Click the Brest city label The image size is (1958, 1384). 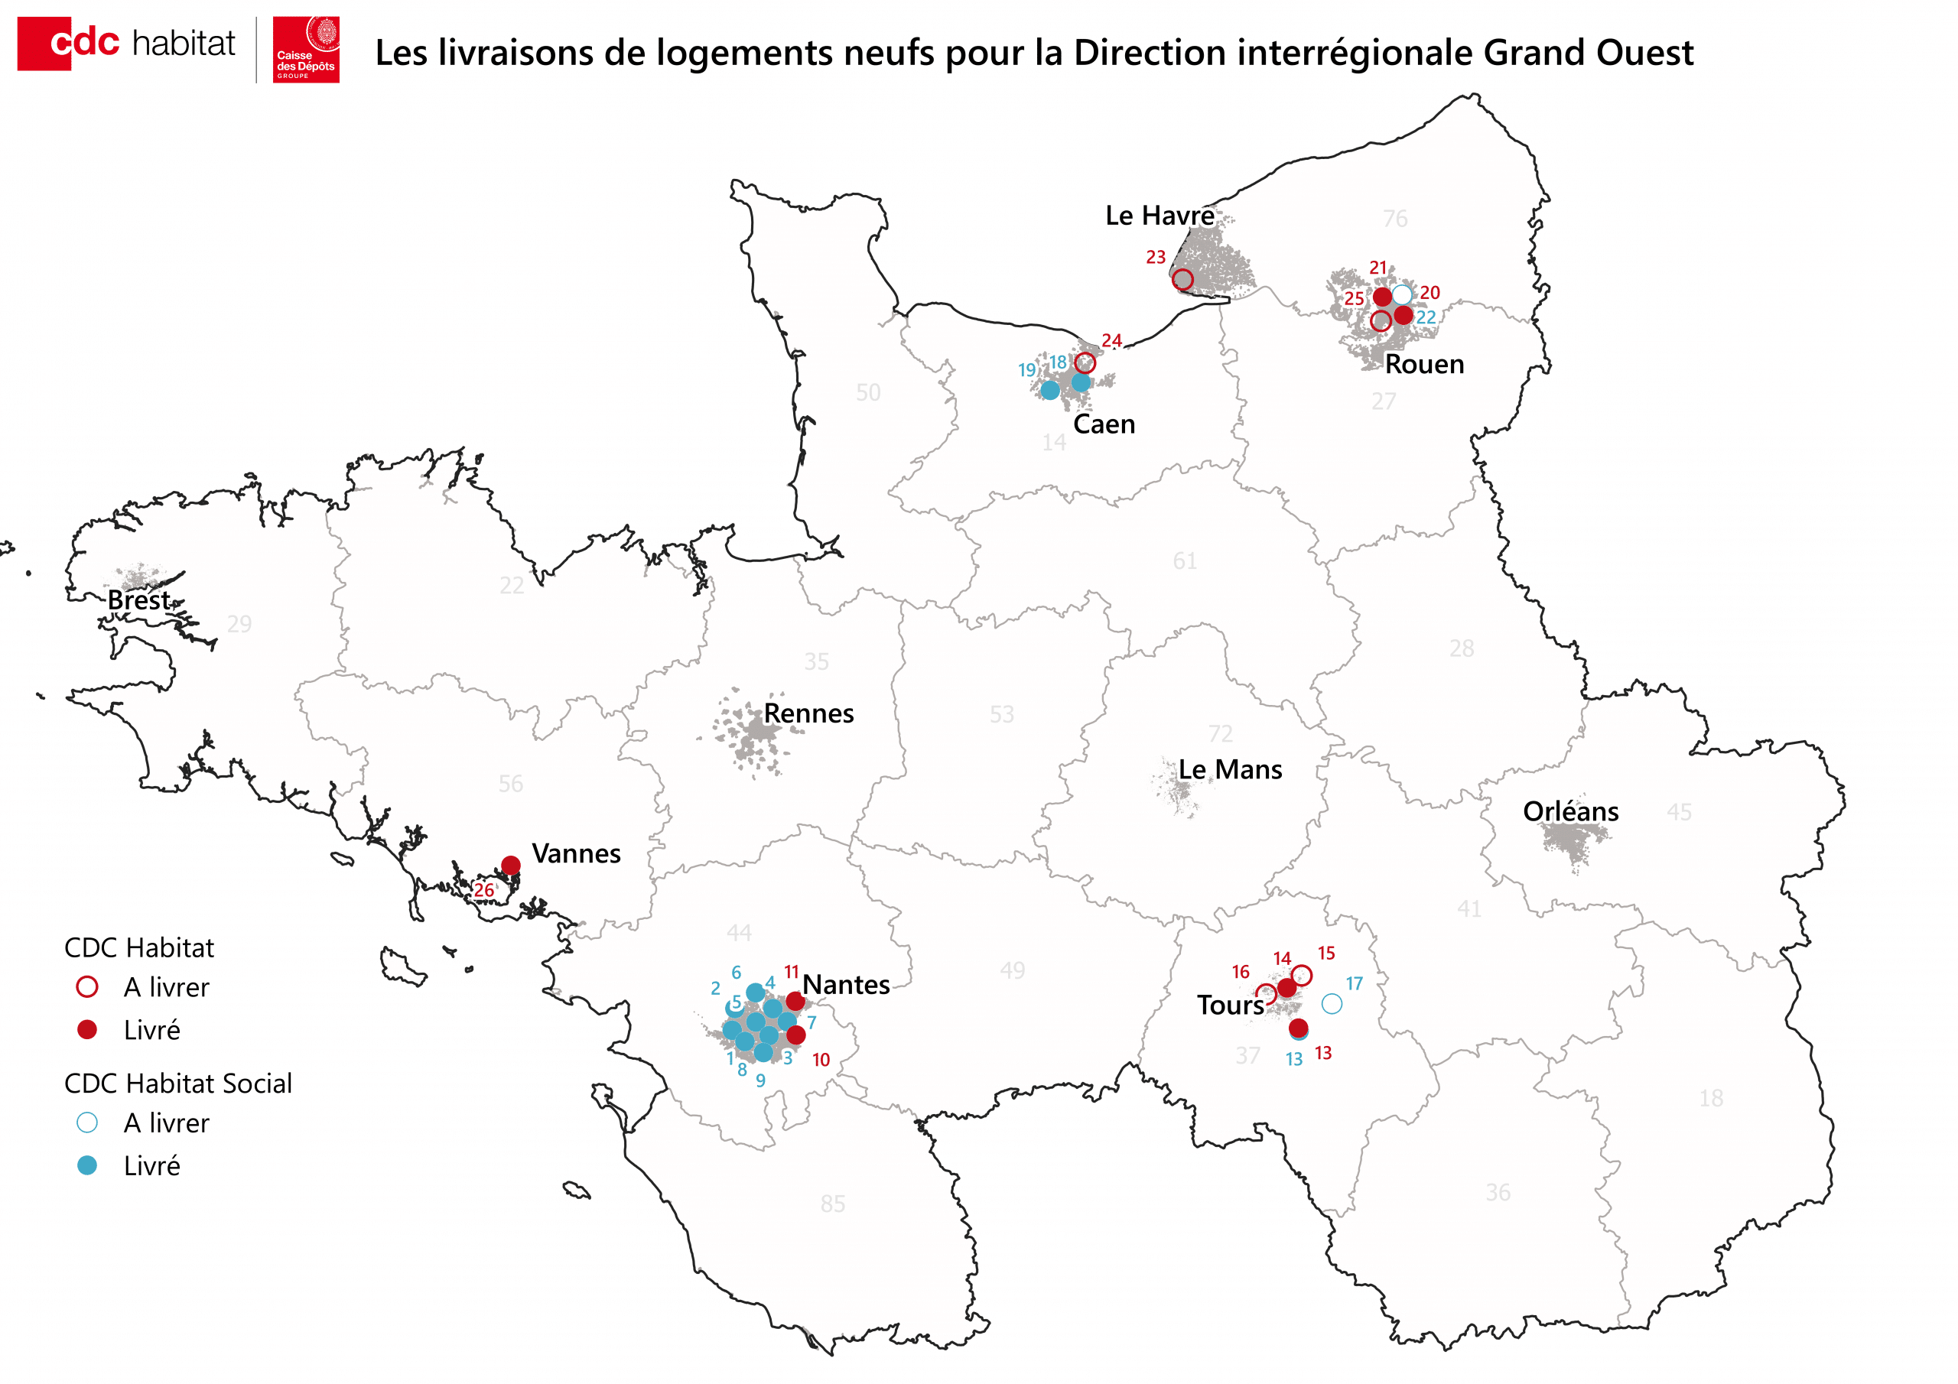[138, 599]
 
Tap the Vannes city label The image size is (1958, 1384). [576, 853]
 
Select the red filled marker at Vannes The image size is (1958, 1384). [511, 865]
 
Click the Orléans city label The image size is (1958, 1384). [1570, 811]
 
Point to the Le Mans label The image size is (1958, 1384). [1230, 769]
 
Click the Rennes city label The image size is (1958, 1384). [808, 713]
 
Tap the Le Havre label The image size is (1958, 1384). [1159, 215]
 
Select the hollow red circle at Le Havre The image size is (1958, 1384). [1182, 279]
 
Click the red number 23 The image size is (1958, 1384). [1155, 257]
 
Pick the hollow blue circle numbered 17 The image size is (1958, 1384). [1331, 1004]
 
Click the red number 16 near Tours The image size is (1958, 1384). [1240, 971]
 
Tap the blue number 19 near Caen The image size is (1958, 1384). [1026, 370]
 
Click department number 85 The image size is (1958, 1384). [832, 1204]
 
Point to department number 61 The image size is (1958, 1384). [1184, 560]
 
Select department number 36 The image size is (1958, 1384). [1498, 1191]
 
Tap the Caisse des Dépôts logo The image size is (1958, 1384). [305, 50]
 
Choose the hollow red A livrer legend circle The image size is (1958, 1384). [87, 986]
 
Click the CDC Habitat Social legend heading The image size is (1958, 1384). [177, 1083]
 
